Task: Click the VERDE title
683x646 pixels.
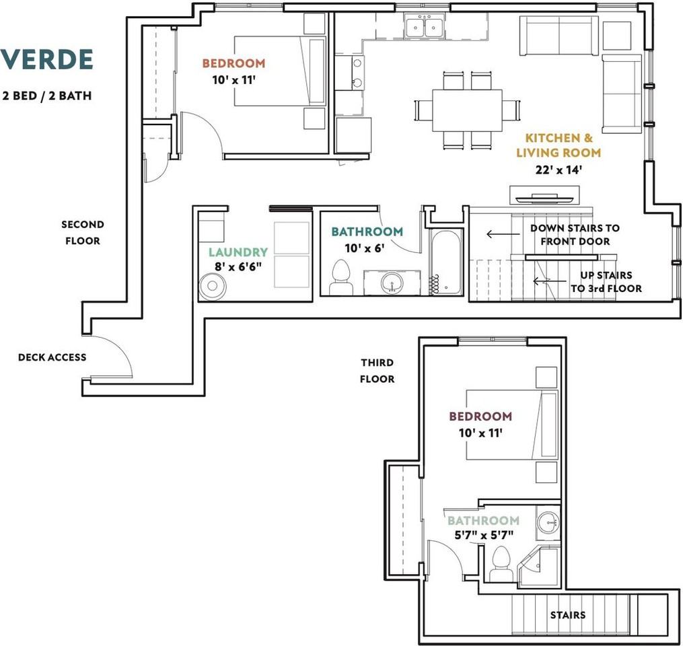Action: click(x=46, y=59)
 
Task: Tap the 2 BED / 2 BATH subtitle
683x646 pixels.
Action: click(x=47, y=96)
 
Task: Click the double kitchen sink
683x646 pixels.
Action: click(x=424, y=26)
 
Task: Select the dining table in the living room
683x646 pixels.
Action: click(x=467, y=110)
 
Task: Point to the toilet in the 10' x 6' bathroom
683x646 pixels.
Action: click(x=341, y=277)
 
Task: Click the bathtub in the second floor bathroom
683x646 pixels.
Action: click(x=446, y=262)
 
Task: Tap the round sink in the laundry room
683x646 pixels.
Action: click(x=213, y=286)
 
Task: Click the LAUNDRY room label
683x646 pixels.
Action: click(x=238, y=252)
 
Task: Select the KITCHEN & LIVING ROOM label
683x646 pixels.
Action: click(x=559, y=145)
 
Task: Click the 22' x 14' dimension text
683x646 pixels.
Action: click(x=559, y=170)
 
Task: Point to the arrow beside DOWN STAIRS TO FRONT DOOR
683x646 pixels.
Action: click(x=503, y=234)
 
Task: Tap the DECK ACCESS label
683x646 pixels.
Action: click(x=52, y=357)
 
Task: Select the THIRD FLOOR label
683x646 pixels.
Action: click(x=378, y=371)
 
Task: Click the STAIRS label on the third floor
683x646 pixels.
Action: click(x=567, y=615)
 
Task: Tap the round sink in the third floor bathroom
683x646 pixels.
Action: click(x=548, y=522)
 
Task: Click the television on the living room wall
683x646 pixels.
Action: click(x=544, y=199)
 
